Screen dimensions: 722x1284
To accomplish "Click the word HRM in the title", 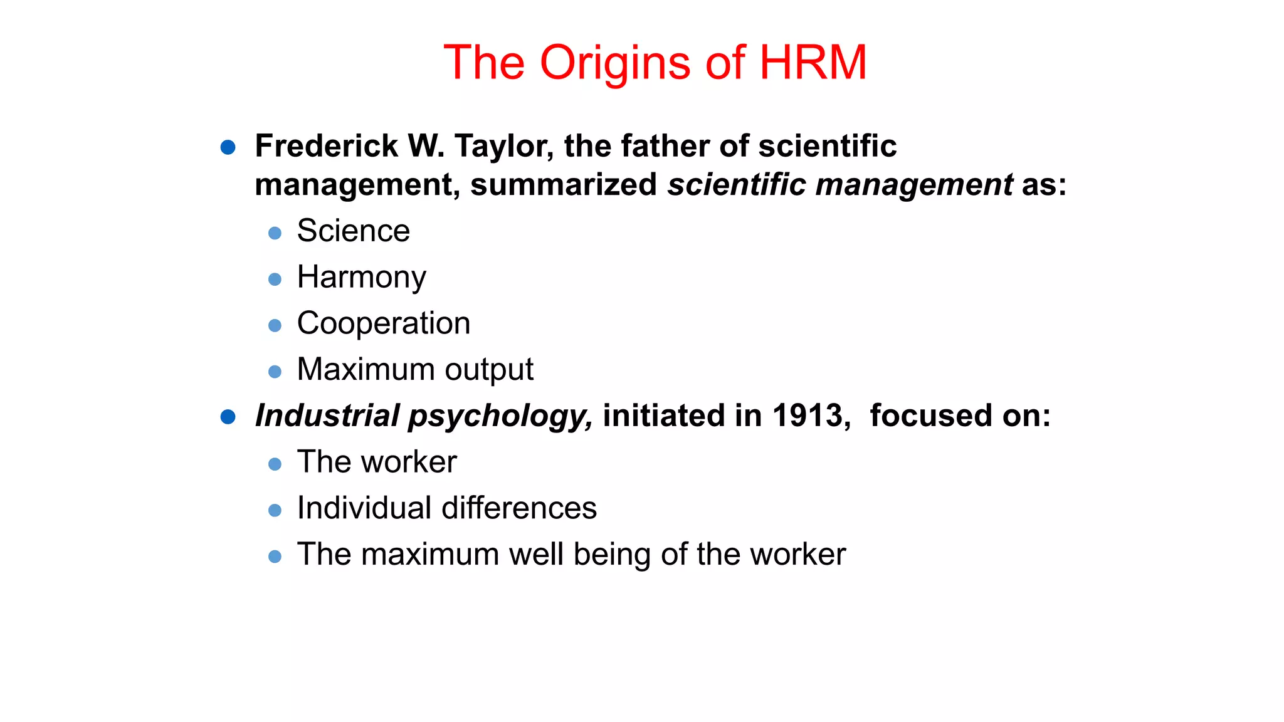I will click(813, 63).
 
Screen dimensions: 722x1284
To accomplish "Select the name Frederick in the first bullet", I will click(326, 146).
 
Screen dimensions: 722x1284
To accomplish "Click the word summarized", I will click(564, 185).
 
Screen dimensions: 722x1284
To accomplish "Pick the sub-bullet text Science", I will click(354, 231).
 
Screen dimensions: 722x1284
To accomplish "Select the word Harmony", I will click(362, 278).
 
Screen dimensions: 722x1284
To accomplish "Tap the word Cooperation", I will click(384, 323).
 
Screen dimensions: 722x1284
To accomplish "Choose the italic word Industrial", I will click(327, 416).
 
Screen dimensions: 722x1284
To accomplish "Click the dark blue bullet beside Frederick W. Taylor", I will click(228, 148).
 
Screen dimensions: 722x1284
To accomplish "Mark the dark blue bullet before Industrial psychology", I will click(228, 417).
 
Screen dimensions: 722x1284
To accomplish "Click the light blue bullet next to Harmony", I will click(275, 280).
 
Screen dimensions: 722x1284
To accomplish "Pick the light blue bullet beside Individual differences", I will click(275, 510).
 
